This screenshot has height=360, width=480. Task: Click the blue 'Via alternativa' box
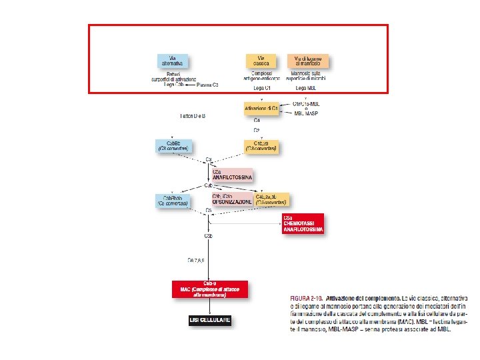173,61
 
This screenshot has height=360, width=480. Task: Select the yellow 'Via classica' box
261,61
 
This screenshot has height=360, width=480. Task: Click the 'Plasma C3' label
207,85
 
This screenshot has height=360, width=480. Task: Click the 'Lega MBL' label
305,87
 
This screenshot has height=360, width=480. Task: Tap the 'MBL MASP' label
307,113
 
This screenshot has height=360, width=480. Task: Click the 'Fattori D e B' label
193,115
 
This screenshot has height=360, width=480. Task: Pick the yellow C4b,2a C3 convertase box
260,145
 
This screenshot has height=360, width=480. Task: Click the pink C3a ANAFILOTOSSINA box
231,175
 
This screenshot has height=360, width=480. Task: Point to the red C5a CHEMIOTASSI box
303,223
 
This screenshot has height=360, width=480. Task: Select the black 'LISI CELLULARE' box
209,321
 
